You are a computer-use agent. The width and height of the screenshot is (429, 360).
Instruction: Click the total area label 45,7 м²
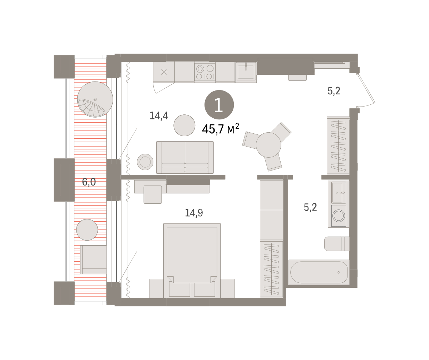point(221,129)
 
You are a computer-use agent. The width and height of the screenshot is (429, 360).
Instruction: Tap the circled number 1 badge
point(219,105)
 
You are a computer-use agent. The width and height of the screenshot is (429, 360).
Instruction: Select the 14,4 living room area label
point(159,115)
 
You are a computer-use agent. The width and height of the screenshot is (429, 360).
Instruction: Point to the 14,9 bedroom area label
point(194,213)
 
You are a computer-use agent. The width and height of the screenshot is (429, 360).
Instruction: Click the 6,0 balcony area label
point(89,182)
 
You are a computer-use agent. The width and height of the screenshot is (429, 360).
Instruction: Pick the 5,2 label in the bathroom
point(310,207)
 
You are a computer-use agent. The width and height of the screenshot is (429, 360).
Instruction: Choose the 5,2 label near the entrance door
point(334,91)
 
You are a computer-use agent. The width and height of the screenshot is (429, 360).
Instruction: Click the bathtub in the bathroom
point(319,272)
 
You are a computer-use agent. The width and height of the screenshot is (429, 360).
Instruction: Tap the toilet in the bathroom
point(337,244)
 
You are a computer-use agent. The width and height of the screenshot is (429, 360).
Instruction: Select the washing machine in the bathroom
point(339,216)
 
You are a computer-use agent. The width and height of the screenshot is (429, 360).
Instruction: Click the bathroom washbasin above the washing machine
point(339,193)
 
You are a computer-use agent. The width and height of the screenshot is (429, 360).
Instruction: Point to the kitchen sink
point(246,72)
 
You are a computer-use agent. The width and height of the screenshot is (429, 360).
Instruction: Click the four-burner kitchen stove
point(205,72)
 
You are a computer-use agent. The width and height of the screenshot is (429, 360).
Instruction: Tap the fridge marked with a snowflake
point(164,72)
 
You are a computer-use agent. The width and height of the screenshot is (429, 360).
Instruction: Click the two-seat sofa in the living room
point(185,157)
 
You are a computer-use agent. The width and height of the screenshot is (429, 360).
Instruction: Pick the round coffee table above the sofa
point(184,125)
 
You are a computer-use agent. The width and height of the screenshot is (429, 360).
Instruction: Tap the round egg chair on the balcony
point(95,99)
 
